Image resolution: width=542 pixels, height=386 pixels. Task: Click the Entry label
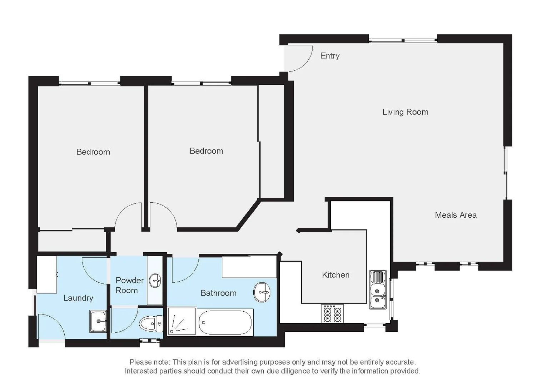[329, 56]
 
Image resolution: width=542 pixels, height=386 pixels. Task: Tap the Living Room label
[405, 112]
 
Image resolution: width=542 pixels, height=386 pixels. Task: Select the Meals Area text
[456, 215]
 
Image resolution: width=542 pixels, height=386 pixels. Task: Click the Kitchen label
[335, 274]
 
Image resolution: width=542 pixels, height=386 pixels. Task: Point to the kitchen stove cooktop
[333, 314]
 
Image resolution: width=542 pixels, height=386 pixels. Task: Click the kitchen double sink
[378, 289]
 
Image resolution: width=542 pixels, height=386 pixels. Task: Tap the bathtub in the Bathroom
[225, 322]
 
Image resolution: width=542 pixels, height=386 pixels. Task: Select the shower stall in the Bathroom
[182, 321]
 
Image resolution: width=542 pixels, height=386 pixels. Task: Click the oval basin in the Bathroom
[262, 292]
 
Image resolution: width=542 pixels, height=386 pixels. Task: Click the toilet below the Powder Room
[150, 324]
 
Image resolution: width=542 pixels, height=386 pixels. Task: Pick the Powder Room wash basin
[155, 281]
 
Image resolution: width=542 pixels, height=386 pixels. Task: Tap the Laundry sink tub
[98, 321]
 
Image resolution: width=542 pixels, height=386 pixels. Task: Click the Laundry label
[78, 298]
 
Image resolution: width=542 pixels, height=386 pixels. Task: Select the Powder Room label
[129, 285]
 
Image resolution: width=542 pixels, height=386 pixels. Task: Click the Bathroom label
[218, 293]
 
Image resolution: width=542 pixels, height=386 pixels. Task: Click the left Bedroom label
[93, 152]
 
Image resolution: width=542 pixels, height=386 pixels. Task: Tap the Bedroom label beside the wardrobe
[206, 151]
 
